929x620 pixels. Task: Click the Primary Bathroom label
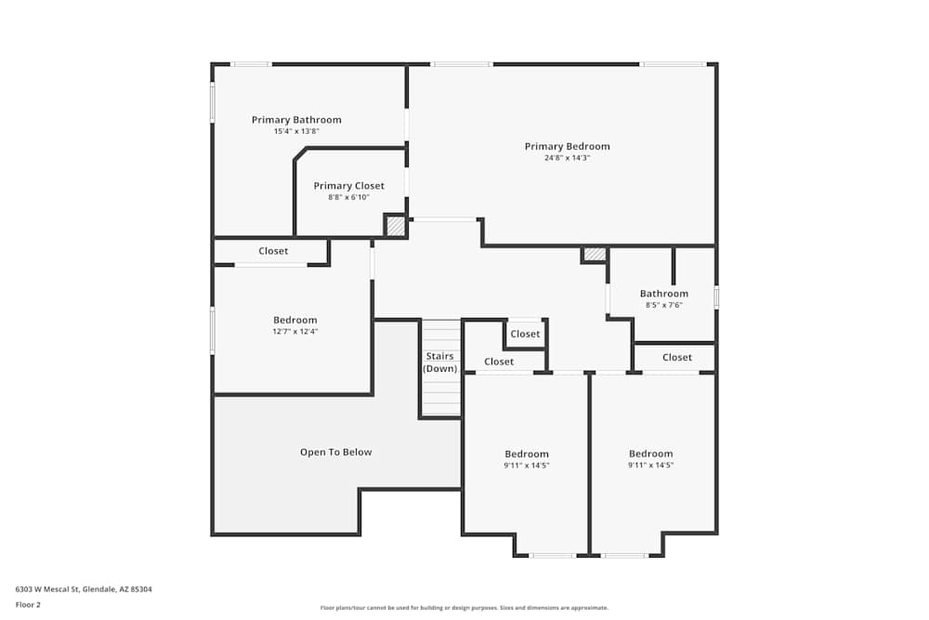pos(296,120)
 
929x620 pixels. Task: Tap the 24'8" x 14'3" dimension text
pos(567,158)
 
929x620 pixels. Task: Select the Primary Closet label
pos(349,186)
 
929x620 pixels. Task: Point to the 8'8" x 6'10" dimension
pos(349,197)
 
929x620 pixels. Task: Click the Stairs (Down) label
pos(440,363)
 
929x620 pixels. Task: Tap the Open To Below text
pos(336,453)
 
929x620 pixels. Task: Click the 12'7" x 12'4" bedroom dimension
pos(295,331)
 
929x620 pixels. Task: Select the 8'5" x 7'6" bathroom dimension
pos(664,305)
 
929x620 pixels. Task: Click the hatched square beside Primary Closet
pos(395,226)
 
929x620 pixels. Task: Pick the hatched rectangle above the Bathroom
pos(595,255)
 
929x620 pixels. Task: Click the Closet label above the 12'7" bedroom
pos(273,251)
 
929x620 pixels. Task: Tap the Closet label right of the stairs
pos(499,362)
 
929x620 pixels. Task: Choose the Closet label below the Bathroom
pos(677,358)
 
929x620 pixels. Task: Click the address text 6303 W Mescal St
pos(47,589)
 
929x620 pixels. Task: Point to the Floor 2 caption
pos(28,604)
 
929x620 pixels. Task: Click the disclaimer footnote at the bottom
pos(464,608)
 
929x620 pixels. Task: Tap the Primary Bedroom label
pos(567,147)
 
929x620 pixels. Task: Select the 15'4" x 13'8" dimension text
pos(296,131)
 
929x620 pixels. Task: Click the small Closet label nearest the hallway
pos(525,334)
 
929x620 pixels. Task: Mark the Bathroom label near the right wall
pos(664,294)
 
